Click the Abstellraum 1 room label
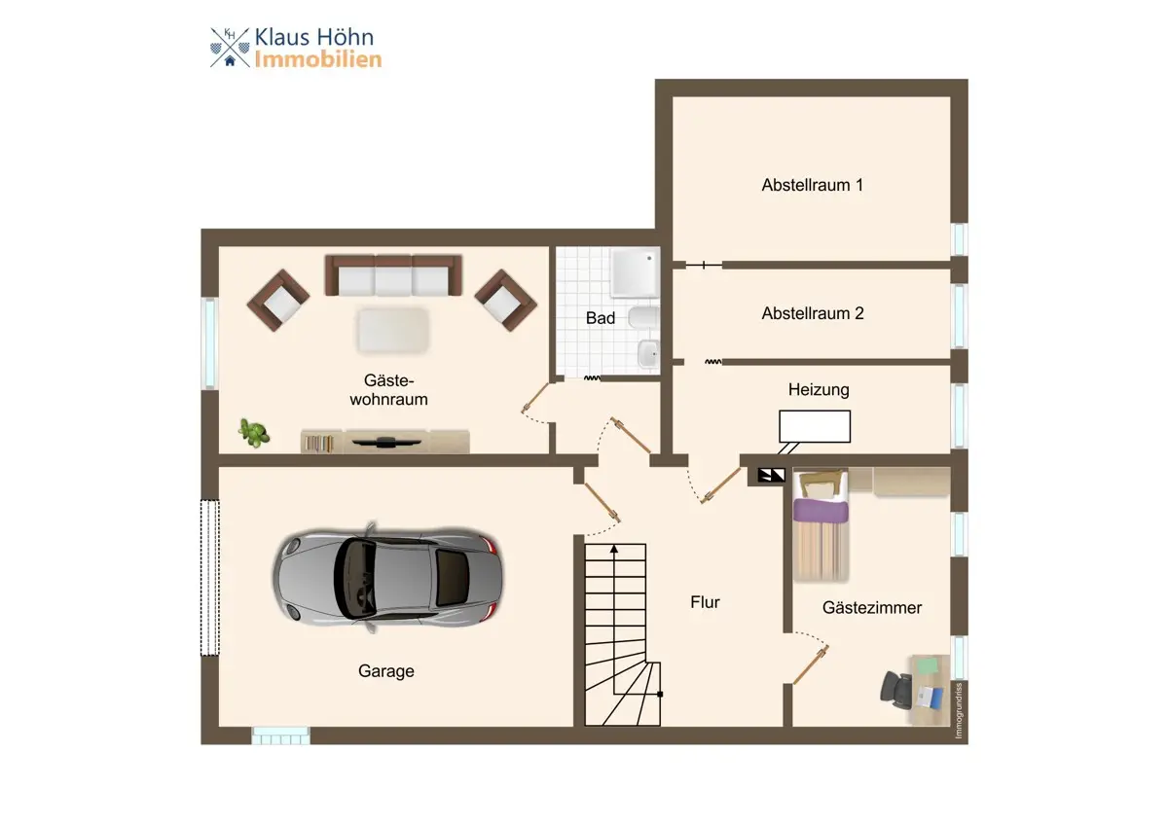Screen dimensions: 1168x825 click(x=812, y=185)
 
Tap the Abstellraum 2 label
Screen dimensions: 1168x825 click(x=813, y=313)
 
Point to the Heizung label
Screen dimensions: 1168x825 click(x=819, y=390)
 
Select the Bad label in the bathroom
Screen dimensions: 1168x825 click(x=601, y=318)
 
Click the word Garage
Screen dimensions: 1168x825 click(x=385, y=671)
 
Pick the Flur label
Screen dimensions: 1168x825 click(x=705, y=602)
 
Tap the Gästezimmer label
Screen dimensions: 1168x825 click(x=872, y=608)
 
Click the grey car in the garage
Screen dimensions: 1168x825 click(x=388, y=577)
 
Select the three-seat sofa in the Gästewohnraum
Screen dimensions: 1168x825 click(x=393, y=275)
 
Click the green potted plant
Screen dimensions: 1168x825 click(x=253, y=433)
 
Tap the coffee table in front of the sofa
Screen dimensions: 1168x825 click(x=393, y=331)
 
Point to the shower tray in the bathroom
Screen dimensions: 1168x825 click(x=635, y=272)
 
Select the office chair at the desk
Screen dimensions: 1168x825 click(x=895, y=689)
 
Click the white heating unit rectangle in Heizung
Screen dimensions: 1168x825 click(x=815, y=426)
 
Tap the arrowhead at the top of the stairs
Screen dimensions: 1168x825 click(x=614, y=549)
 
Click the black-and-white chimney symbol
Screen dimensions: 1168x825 click(x=771, y=475)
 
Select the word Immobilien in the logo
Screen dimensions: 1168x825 click(x=318, y=59)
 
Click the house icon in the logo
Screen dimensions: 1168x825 click(x=230, y=61)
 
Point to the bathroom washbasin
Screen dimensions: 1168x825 click(x=649, y=353)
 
